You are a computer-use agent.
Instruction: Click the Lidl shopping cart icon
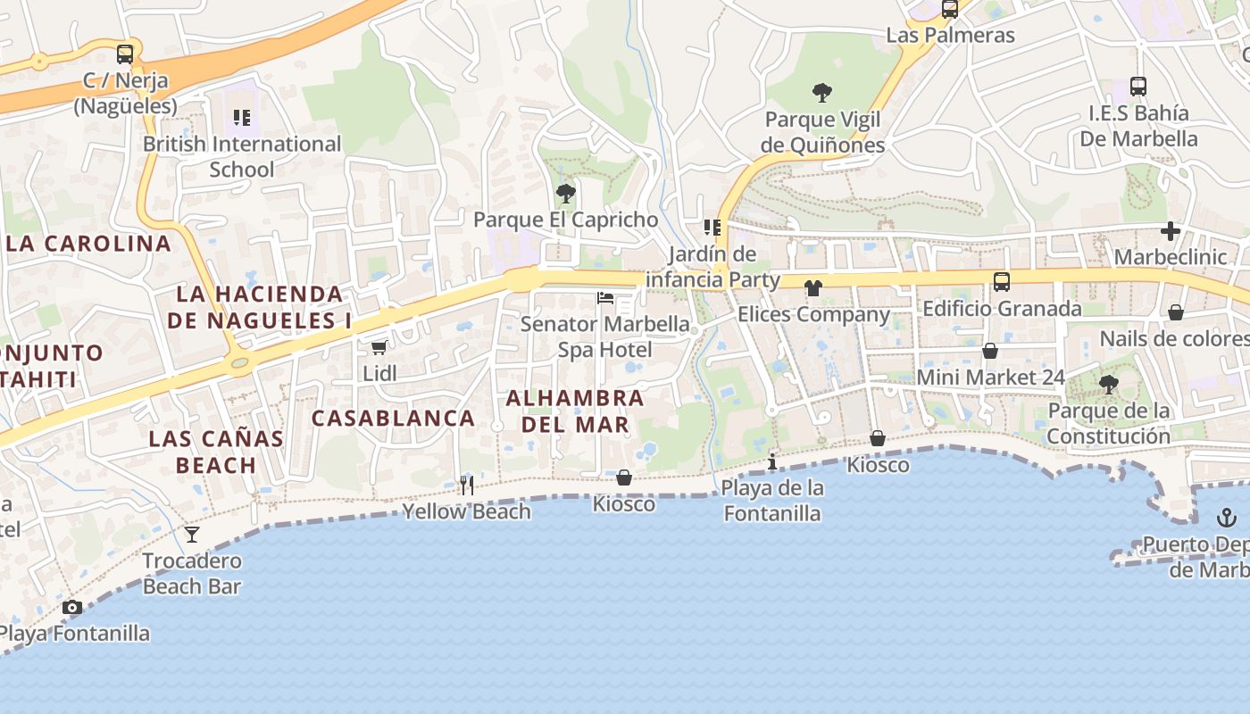pyautogui.click(x=379, y=347)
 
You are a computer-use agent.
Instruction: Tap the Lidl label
pyautogui.click(x=379, y=373)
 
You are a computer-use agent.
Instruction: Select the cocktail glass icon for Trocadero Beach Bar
pyautogui.click(x=192, y=535)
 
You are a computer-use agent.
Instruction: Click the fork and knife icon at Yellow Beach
pyautogui.click(x=467, y=486)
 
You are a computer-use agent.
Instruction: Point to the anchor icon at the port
pyautogui.click(x=1227, y=518)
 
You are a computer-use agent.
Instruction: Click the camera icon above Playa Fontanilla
pyautogui.click(x=72, y=608)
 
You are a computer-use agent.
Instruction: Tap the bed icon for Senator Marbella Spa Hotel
pyautogui.click(x=605, y=297)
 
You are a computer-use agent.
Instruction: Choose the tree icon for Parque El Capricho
pyautogui.click(x=565, y=193)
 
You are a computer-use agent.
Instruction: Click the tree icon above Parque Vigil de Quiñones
pyautogui.click(x=822, y=92)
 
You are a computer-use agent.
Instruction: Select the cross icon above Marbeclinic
pyautogui.click(x=1171, y=231)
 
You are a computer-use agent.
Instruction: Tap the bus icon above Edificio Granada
pyautogui.click(x=1002, y=282)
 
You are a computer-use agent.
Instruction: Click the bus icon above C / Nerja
pyautogui.click(x=125, y=54)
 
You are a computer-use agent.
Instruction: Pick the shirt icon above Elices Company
pyautogui.click(x=812, y=288)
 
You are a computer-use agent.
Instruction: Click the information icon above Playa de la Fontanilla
pyautogui.click(x=772, y=461)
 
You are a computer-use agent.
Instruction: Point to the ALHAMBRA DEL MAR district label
pyautogui.click(x=575, y=411)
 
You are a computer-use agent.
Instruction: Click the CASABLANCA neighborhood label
pyautogui.click(x=393, y=418)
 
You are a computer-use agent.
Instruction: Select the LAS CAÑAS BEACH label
pyautogui.click(x=216, y=452)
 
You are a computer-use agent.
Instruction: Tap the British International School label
pyautogui.click(x=242, y=156)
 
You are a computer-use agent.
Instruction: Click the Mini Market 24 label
pyautogui.click(x=991, y=378)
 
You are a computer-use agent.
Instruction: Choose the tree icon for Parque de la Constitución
pyautogui.click(x=1109, y=385)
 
